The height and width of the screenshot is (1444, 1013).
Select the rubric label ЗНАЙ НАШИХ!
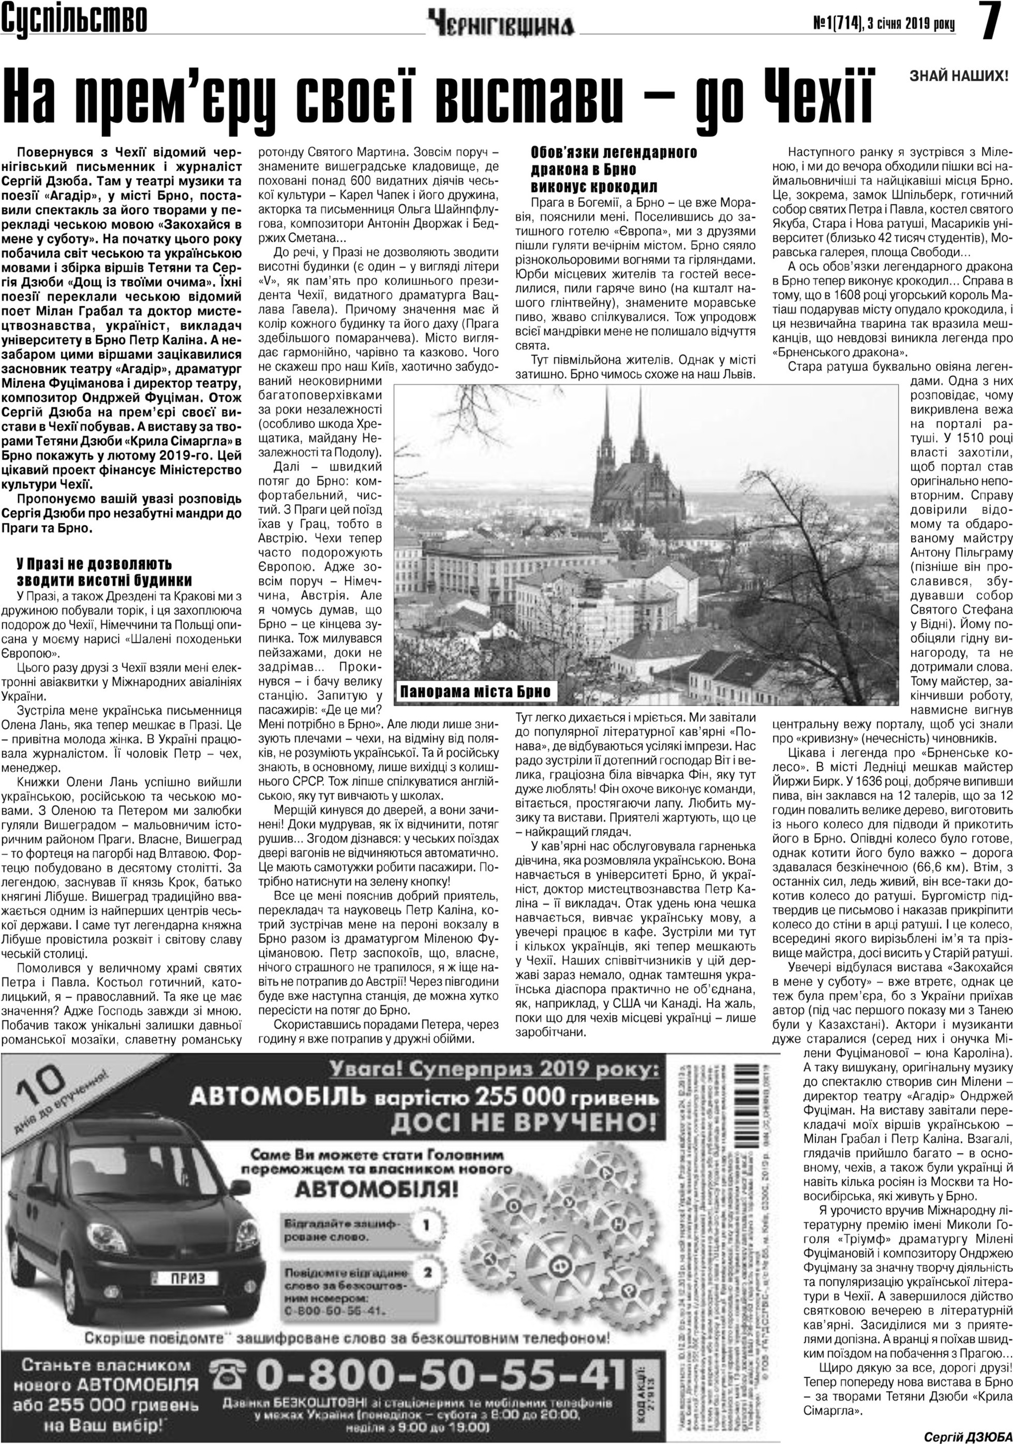pos(959,77)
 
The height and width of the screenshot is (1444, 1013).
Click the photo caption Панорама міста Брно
pos(475,692)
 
